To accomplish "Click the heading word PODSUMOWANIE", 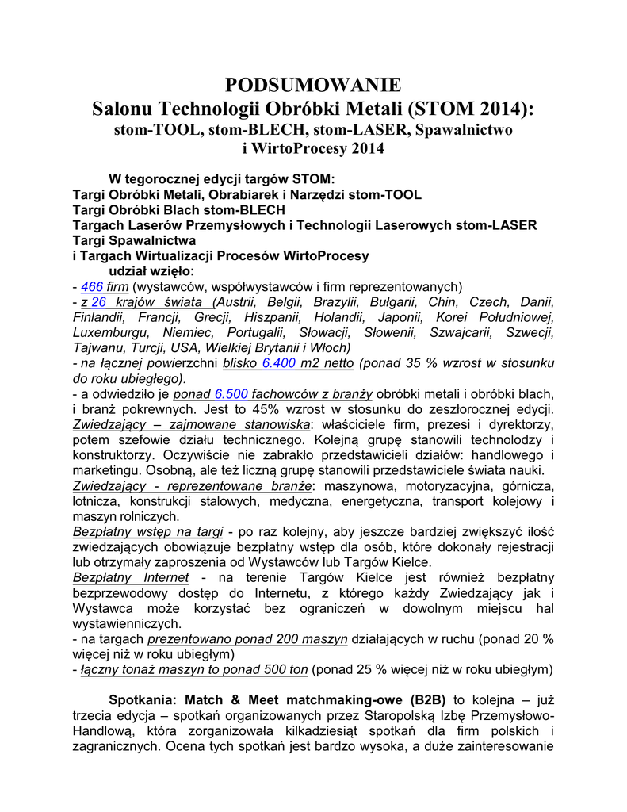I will click(313, 85).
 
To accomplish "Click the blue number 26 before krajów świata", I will click(98, 301).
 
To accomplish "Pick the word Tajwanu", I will click(100, 347).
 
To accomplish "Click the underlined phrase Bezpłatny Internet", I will click(131, 577).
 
